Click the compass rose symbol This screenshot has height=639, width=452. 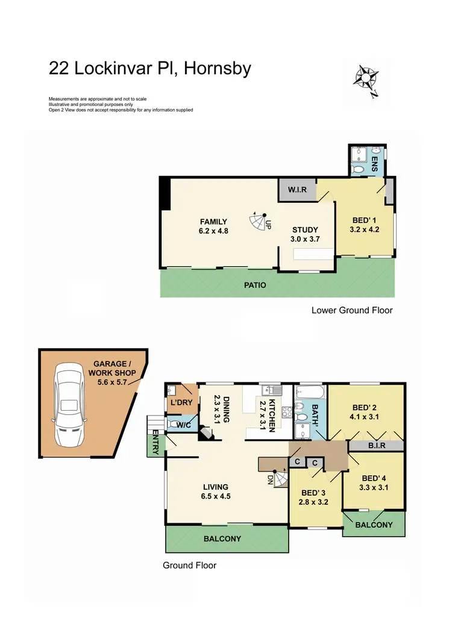tap(366, 78)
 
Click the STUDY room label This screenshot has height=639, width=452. tap(305, 229)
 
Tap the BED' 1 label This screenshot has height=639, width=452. tap(363, 221)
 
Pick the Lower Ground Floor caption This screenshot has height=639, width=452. tap(352, 311)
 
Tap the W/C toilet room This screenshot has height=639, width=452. tap(180, 424)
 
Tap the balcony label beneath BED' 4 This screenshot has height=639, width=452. tap(374, 525)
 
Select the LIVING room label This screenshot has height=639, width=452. tap(216, 487)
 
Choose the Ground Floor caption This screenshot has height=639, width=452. tap(189, 566)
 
